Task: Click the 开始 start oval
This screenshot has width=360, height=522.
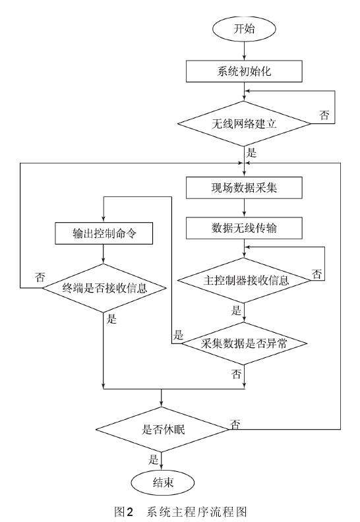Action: click(244, 29)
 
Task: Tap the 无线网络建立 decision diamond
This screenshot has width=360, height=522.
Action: click(244, 123)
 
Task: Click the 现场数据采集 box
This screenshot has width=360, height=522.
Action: click(244, 188)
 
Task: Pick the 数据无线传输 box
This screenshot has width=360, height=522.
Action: click(244, 229)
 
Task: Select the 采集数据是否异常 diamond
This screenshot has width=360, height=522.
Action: click(244, 343)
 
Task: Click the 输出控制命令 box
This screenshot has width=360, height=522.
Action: click(104, 233)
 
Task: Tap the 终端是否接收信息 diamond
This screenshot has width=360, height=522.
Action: click(104, 287)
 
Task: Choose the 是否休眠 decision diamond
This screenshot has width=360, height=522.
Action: click(162, 428)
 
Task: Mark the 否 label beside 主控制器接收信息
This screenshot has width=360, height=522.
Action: click(317, 274)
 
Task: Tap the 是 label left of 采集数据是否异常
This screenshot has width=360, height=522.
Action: click(177, 333)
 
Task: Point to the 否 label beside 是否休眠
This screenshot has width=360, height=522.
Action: click(235, 422)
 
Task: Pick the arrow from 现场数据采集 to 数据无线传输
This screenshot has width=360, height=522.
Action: click(244, 208)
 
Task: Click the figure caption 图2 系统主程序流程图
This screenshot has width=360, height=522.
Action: click(180, 510)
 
